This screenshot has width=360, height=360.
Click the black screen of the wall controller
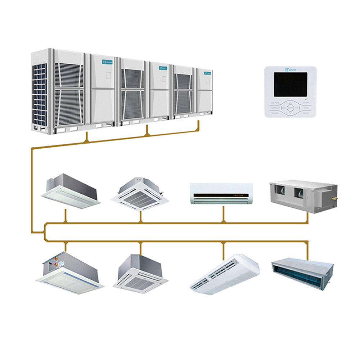coord(290,84)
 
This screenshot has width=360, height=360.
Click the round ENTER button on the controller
coord(290,107)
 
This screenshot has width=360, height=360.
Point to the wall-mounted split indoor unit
coord(221,194)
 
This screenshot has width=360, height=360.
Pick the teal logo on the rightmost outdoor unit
coord(207,73)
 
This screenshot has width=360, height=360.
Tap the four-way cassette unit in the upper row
coord(140,194)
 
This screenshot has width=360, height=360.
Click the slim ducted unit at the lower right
coord(302,271)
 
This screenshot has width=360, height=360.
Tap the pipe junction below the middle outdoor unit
coord(147,134)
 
